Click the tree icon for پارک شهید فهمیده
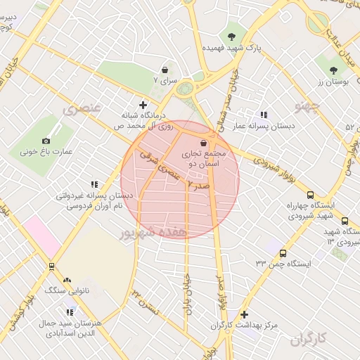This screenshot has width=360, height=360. (232, 37)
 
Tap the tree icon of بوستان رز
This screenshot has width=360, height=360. (333, 70)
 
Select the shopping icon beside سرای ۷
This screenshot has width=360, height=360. (165, 70)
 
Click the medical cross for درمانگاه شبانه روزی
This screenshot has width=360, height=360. (143, 105)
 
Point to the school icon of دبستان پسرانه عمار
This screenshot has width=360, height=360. (264, 114)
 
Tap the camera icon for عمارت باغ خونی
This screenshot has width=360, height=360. (46, 141)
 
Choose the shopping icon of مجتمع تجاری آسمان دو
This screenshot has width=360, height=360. (203, 143)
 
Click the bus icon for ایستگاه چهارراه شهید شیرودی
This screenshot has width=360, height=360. (310, 195)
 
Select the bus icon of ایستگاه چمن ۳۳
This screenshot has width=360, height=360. (283, 253)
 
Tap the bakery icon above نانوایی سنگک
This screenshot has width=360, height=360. (67, 280)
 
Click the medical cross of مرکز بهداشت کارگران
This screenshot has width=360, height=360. (244, 314)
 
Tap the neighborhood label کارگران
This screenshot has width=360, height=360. (309, 340)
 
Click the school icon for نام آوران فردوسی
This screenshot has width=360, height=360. (94, 184)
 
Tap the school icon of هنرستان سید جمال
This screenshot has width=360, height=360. (69, 311)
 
